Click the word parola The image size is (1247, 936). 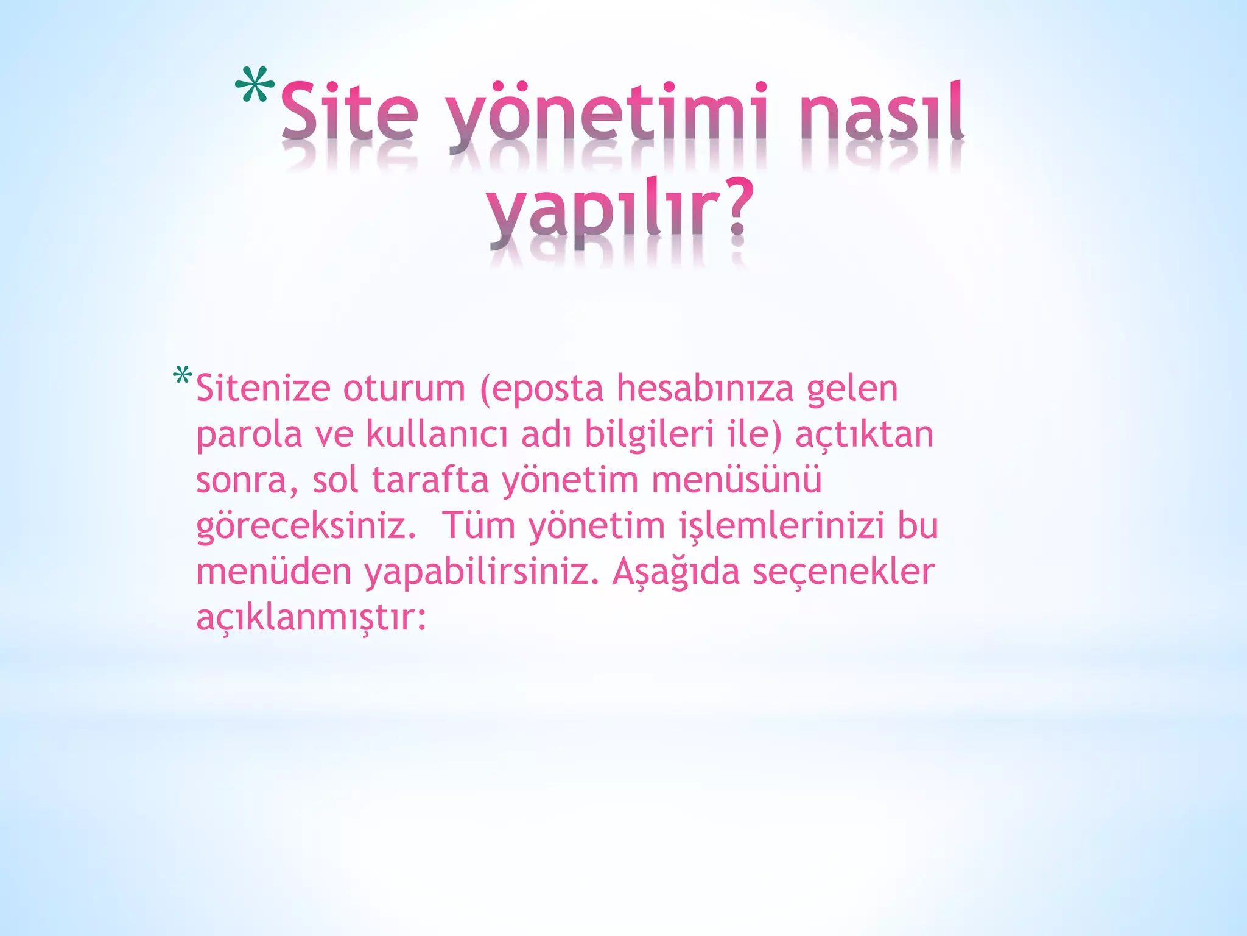click(x=249, y=434)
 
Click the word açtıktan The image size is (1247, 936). click(x=864, y=434)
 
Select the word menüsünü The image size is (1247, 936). click(x=736, y=480)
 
